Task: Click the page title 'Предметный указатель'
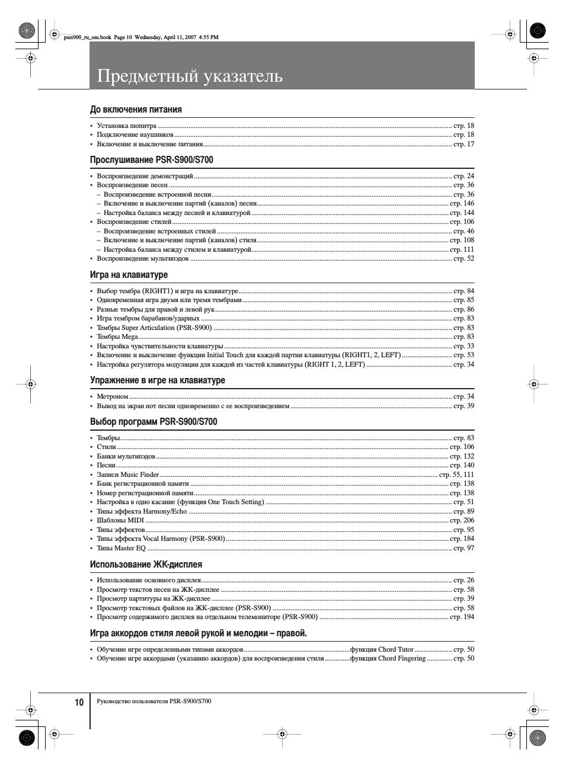point(190,76)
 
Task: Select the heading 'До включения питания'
point(136,110)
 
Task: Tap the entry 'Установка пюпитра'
point(126,126)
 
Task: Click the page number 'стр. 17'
point(463,144)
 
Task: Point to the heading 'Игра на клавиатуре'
point(129,275)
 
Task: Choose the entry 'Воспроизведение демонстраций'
point(145,176)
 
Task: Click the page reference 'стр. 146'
point(462,203)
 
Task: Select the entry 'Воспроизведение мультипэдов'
point(142,258)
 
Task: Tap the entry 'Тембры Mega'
point(117,337)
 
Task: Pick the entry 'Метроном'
point(113,396)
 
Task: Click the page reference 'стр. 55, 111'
point(456,475)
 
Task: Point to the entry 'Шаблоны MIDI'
point(120,520)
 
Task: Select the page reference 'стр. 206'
point(462,520)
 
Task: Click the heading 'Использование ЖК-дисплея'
point(146,565)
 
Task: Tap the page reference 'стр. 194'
point(462,617)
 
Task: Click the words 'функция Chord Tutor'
point(382,649)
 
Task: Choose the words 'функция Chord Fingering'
point(388,658)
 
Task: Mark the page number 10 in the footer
point(79,702)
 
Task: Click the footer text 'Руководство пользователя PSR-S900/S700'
point(154,701)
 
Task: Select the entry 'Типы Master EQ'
point(121,548)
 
